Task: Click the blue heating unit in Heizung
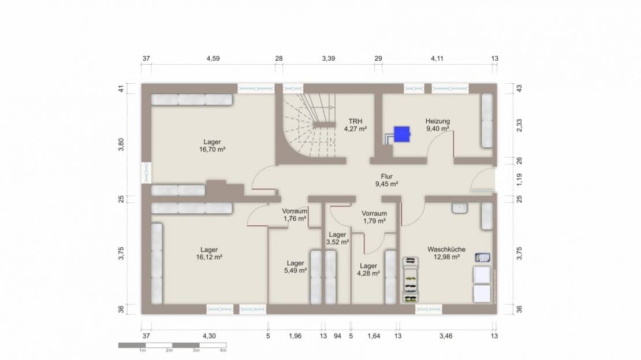tap(401, 134)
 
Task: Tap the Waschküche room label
tap(446, 253)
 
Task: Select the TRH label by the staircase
tap(355, 125)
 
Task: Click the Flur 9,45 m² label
tap(387, 180)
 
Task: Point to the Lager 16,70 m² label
tap(212, 146)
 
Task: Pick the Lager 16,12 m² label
tap(209, 253)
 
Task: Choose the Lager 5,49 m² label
tap(295, 267)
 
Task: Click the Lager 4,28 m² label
tap(368, 270)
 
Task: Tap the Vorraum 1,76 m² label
tap(295, 215)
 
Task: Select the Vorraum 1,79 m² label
tap(374, 217)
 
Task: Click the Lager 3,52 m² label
tap(337, 238)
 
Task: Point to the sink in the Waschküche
tap(460, 208)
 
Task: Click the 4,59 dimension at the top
tap(213, 58)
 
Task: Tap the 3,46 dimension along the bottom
tap(446, 336)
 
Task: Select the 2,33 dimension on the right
tap(519, 125)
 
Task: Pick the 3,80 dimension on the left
tap(121, 145)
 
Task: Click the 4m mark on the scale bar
tap(223, 350)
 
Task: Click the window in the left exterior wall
tap(146, 173)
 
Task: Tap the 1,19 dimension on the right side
tap(519, 180)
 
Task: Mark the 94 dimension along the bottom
tap(337, 336)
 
